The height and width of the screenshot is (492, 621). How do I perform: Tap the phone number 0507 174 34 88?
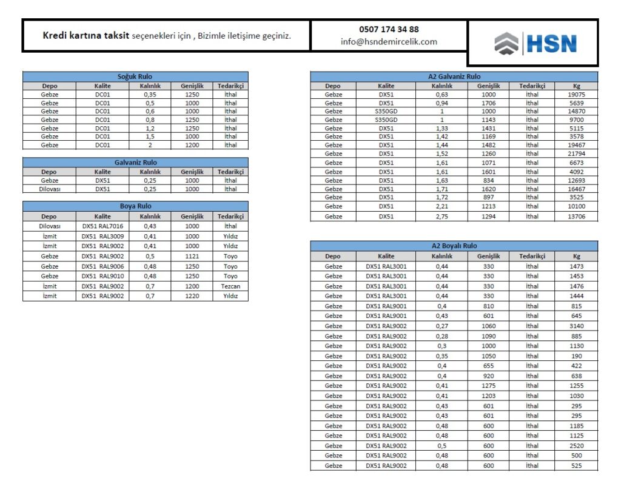tap(389, 29)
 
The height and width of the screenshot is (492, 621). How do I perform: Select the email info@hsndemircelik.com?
tap(389, 42)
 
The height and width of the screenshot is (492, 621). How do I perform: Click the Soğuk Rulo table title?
tap(135, 77)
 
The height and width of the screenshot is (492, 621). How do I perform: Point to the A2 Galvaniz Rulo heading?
tap(454, 77)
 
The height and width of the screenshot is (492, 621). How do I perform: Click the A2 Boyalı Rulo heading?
tap(454, 246)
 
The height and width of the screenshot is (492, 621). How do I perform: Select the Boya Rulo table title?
tap(135, 206)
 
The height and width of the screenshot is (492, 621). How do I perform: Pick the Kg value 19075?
tap(576, 95)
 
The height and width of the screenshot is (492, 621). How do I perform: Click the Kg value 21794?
tap(576, 154)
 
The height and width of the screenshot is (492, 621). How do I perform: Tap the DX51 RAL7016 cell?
tap(102, 226)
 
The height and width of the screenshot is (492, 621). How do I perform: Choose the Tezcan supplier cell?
tap(230, 286)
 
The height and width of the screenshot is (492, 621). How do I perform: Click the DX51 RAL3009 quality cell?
tap(102, 237)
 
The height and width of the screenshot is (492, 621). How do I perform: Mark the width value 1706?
tap(488, 103)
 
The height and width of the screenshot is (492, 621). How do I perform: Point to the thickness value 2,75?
tap(441, 217)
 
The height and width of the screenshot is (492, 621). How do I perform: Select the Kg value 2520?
tap(576, 446)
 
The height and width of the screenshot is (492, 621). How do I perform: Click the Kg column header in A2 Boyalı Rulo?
tap(576, 257)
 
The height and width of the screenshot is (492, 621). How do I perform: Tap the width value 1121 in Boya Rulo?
tap(192, 257)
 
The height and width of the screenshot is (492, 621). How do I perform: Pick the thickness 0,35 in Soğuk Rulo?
tap(150, 95)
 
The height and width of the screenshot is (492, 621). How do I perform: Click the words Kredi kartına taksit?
tap(86, 36)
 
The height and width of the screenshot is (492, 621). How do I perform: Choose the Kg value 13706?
tap(576, 217)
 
